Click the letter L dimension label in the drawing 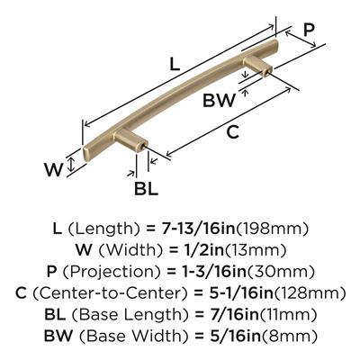pos(175,64)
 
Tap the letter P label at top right pos(309,30)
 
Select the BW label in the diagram pos(219,100)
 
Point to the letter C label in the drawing pos(232,132)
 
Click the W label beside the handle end pos(54,170)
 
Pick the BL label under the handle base pos(146,189)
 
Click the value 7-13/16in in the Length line pos(199,229)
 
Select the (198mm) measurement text pos(273,229)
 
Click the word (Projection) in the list pos(110,272)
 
